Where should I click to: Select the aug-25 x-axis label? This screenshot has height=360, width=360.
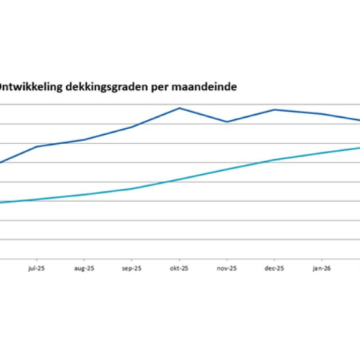(x=84, y=268)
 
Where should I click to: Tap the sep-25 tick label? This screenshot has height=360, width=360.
(x=132, y=268)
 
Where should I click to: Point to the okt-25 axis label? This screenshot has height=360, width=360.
(x=179, y=268)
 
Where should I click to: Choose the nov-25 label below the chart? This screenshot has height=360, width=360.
(x=227, y=268)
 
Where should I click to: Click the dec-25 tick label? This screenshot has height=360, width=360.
(x=274, y=268)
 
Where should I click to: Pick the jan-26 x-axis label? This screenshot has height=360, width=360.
(x=322, y=268)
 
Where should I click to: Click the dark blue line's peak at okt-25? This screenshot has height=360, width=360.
(x=179, y=108)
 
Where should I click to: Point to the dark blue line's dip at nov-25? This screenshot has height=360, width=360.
(x=227, y=121)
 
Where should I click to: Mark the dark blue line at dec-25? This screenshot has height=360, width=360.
(x=274, y=109)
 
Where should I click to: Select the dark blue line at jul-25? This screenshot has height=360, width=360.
(x=37, y=146)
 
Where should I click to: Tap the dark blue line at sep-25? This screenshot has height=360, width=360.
(x=132, y=127)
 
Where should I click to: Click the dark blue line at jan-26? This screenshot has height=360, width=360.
(x=322, y=114)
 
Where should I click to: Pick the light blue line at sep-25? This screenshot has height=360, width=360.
(x=132, y=188)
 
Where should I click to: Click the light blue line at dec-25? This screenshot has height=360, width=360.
(x=274, y=160)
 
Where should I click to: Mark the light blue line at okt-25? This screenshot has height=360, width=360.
(x=179, y=179)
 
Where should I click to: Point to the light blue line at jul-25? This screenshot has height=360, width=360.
(x=37, y=199)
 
